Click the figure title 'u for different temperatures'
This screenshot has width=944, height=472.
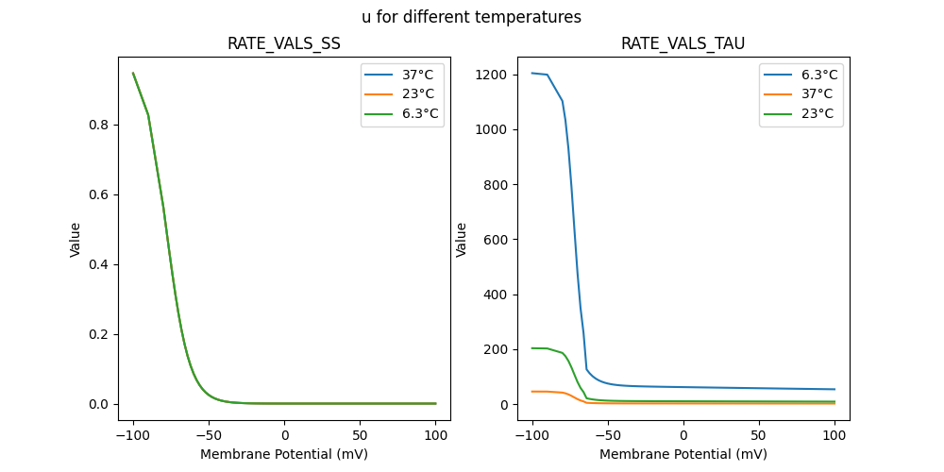(x=471, y=17)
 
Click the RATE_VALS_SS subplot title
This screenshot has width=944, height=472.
(x=284, y=44)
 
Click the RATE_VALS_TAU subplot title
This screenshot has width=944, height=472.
(x=683, y=44)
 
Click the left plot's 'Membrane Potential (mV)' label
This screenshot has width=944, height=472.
(x=284, y=454)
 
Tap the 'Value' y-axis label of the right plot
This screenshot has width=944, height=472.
(x=462, y=239)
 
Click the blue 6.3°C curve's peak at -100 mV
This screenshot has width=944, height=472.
(x=532, y=73)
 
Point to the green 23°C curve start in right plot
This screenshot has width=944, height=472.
(x=532, y=348)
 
